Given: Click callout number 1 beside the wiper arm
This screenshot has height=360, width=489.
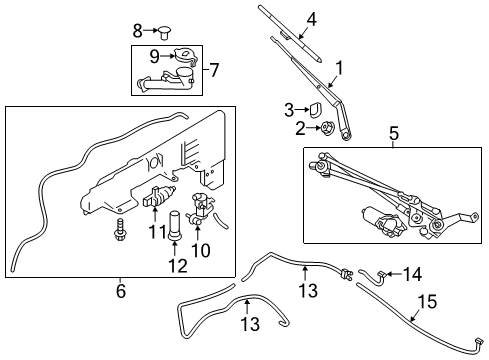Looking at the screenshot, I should pyautogui.click(x=338, y=68).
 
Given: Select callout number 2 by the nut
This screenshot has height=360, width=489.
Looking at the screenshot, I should pyautogui.click(x=299, y=127).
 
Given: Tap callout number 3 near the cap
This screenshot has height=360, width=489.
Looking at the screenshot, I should pyautogui.click(x=288, y=109).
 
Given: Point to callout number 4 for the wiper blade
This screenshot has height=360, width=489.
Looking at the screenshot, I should pyautogui.click(x=311, y=18).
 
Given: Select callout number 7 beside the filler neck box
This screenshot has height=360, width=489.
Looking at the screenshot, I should pyautogui.click(x=211, y=69).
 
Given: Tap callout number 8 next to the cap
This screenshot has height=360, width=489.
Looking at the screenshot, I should pyautogui.click(x=138, y=30).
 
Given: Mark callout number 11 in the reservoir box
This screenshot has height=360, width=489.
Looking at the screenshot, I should pyautogui.click(x=155, y=232).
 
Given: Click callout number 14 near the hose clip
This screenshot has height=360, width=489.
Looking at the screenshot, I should pyautogui.click(x=413, y=273).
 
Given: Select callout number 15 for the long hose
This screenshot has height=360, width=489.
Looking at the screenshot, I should pyautogui.click(x=426, y=301).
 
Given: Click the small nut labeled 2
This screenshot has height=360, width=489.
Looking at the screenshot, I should pyautogui.click(x=326, y=127).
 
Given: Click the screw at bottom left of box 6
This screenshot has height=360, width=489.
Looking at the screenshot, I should pyautogui.click(x=118, y=233).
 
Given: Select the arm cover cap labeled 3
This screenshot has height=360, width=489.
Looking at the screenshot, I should pyautogui.click(x=313, y=107).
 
